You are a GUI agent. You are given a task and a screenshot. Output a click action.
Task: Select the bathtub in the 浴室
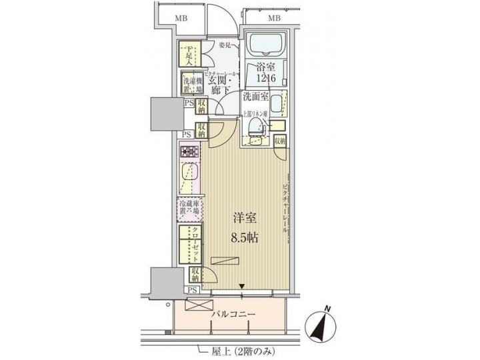(x=264, y=45)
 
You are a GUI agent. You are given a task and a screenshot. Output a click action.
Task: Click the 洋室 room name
(x=245, y=219)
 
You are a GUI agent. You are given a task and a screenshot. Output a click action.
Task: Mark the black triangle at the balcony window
(x=242, y=288)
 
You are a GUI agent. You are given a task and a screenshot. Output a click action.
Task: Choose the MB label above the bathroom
(x=274, y=18)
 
